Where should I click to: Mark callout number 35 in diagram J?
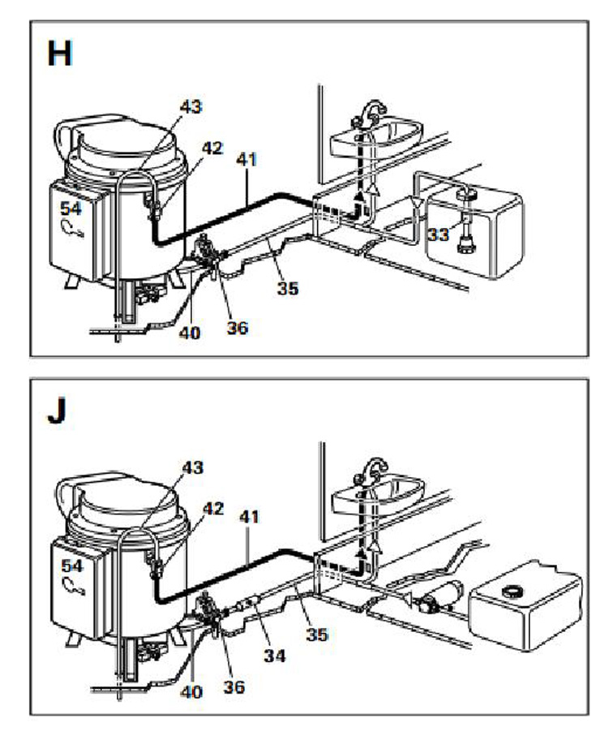(317, 635)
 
